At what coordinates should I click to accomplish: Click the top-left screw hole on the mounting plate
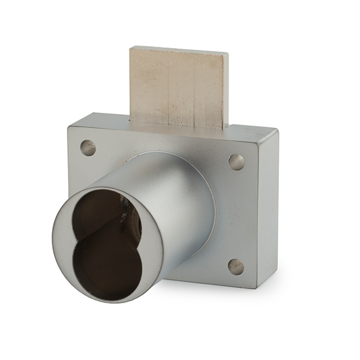click(x=88, y=148)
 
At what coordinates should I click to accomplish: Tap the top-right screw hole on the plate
click(x=236, y=162)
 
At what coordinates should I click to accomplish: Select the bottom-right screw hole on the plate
click(x=236, y=266)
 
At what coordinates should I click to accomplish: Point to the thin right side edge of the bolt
click(x=227, y=90)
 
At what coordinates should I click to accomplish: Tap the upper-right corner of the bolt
click(x=227, y=54)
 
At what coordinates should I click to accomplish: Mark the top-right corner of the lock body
click(x=277, y=130)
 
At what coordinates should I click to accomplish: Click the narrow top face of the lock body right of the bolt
click(x=252, y=128)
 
